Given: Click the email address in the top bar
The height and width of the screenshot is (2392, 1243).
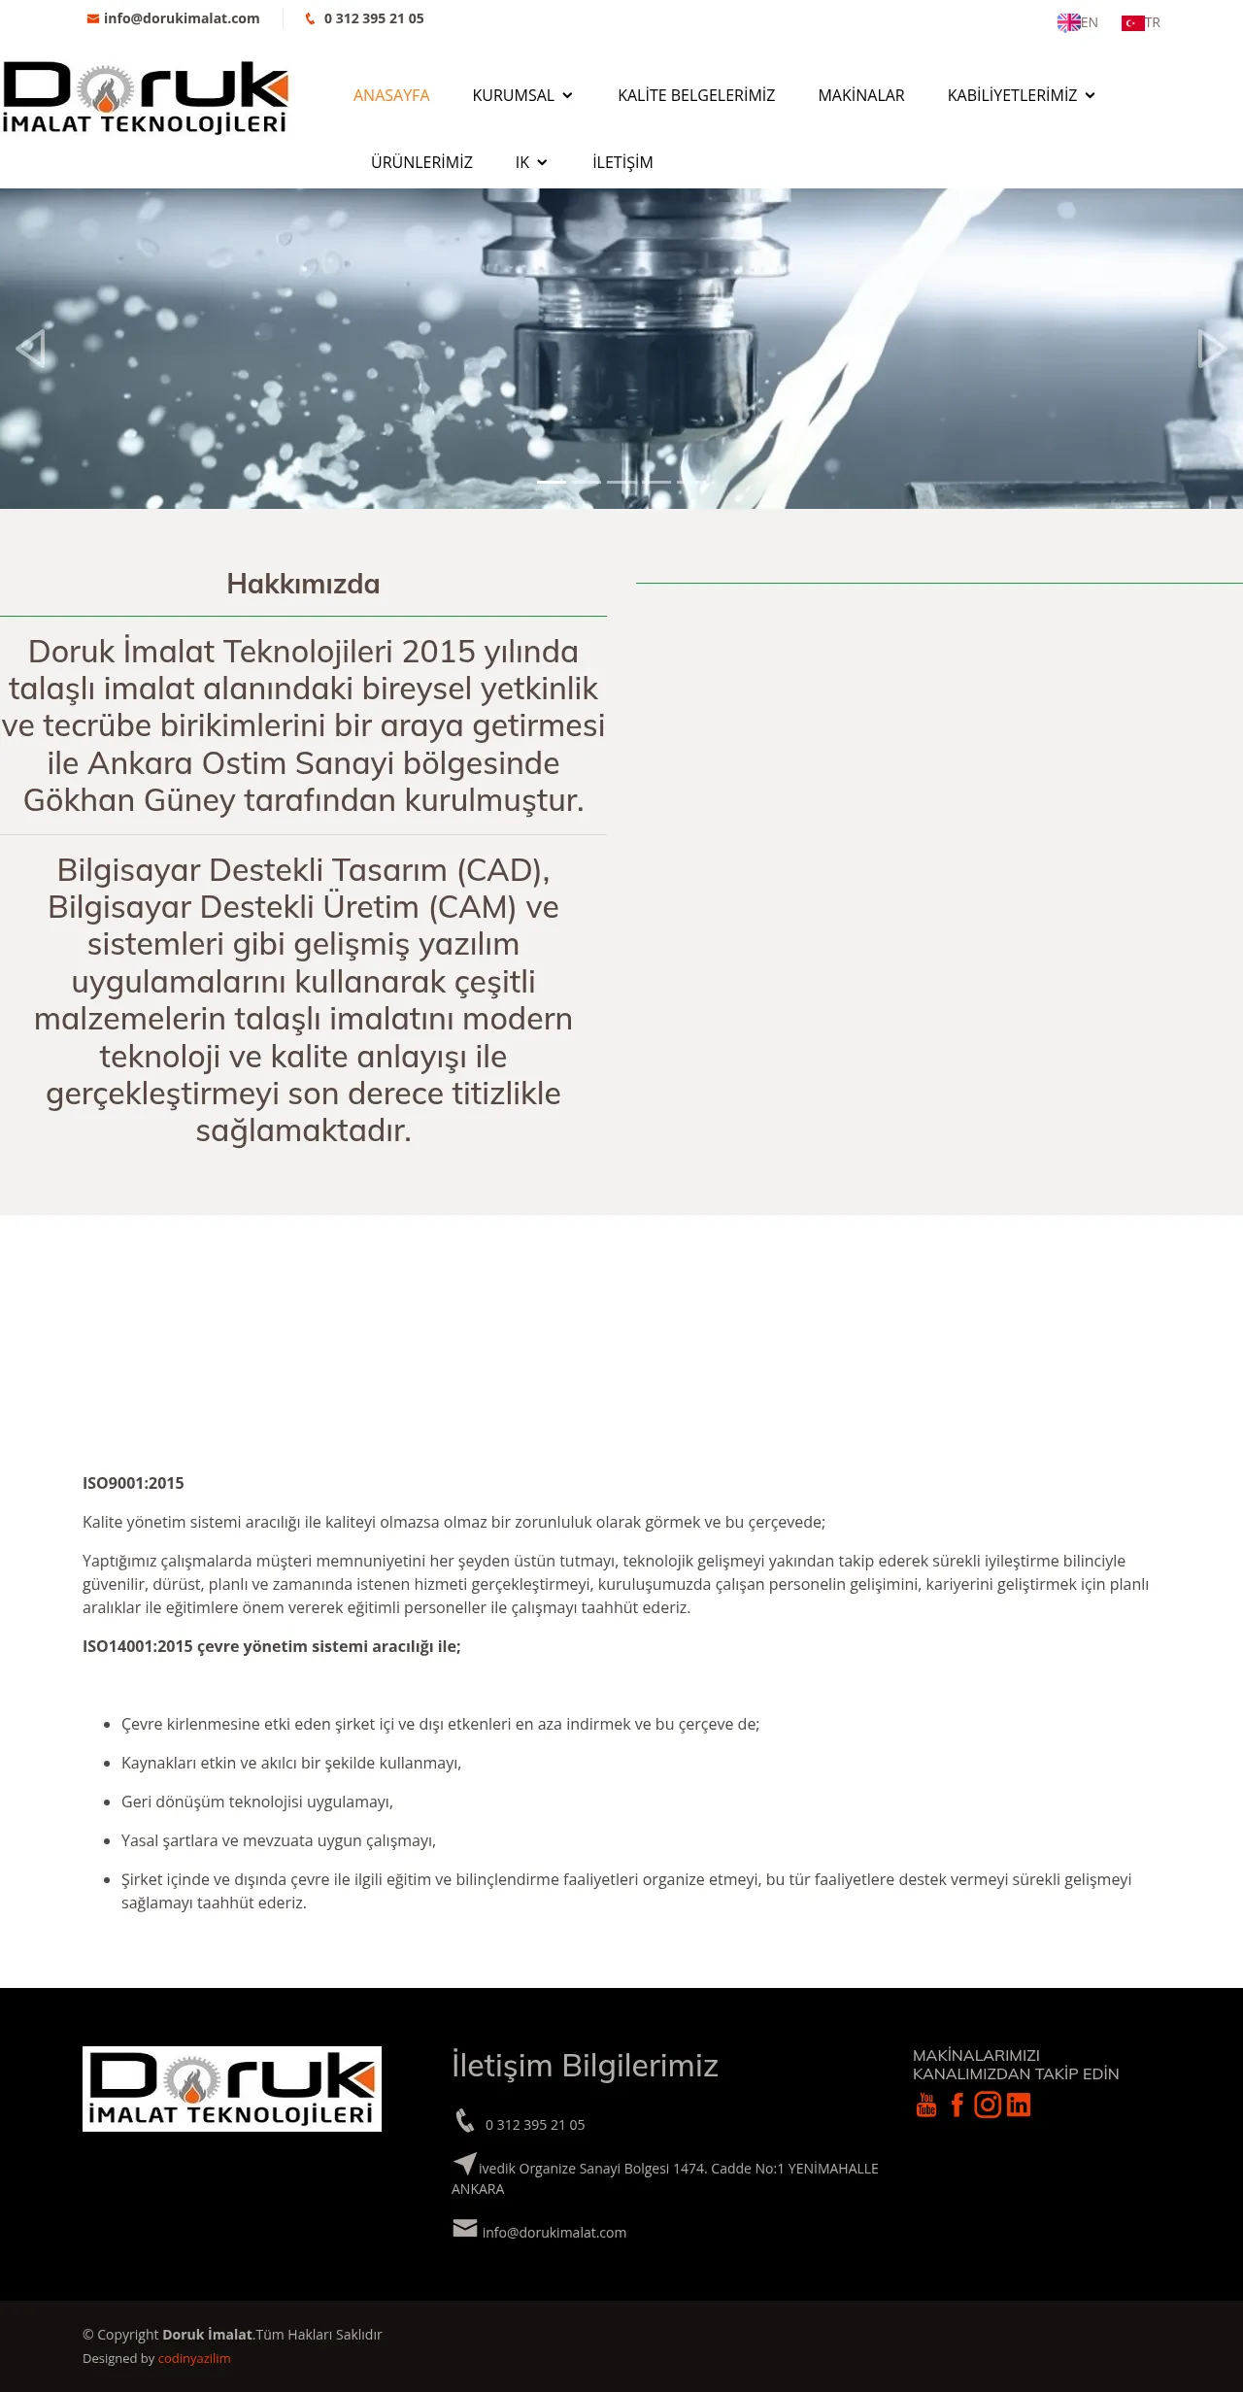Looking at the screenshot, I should [181, 18].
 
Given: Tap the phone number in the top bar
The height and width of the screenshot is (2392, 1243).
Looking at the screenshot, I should [373, 18].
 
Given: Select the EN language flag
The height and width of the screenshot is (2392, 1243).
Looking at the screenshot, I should [1077, 22].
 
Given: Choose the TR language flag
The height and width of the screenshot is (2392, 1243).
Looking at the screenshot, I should [1141, 22].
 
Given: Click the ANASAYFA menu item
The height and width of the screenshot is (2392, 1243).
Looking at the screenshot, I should [391, 95].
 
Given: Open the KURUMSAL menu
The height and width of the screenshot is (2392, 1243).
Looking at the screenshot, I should [522, 95].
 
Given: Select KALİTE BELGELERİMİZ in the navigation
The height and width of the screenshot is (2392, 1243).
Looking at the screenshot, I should [696, 95].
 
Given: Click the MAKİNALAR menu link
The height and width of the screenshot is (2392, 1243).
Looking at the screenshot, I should [861, 95].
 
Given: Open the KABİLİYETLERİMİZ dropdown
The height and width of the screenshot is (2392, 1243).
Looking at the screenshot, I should [1021, 95].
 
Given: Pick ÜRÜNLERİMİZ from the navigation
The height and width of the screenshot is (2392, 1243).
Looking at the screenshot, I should [421, 162].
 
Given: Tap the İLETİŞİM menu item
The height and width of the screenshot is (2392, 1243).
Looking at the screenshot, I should [622, 162].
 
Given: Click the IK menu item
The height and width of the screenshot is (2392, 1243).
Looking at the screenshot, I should [531, 162].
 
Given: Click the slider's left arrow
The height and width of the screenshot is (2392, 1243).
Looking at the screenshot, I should [31, 348].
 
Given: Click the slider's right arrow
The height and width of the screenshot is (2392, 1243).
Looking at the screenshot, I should [1212, 348].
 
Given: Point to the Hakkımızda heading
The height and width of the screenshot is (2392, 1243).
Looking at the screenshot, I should [303, 584].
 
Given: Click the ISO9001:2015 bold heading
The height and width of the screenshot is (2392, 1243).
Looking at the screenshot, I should [133, 1483].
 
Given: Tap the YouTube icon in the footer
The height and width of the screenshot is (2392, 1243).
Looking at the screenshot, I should [926, 2105].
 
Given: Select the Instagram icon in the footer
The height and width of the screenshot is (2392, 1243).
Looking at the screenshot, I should [988, 2105].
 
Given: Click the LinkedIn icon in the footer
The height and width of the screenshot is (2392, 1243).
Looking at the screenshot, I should [1019, 2105].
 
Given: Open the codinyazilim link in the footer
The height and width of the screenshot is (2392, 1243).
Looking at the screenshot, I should [194, 2358].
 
